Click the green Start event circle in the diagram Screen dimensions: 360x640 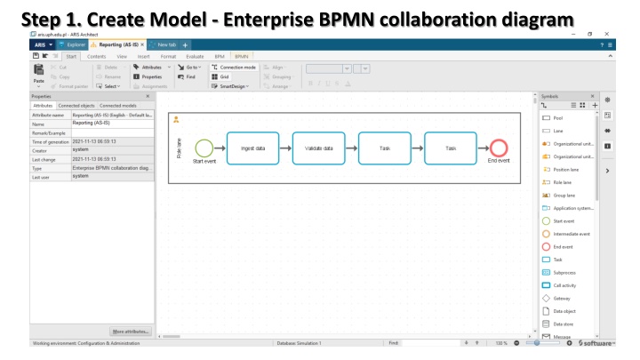coord(204,148)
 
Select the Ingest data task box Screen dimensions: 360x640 coord(253,148)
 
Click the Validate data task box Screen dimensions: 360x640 coord(319,148)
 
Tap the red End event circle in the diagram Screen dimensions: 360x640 coord(498,148)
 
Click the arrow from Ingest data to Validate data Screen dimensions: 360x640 coord(286,148)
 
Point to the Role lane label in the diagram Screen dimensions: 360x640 coord(181,148)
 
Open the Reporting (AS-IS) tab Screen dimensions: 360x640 coord(121,44)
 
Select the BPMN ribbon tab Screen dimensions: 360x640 coord(242,55)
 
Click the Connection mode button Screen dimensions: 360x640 coord(235,68)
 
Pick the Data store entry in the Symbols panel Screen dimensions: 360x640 coord(564,324)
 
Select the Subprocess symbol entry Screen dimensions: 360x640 coord(564,272)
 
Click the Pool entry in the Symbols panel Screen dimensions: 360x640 coord(557,117)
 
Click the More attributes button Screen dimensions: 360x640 coord(132,332)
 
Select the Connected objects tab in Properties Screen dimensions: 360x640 coord(78,106)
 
